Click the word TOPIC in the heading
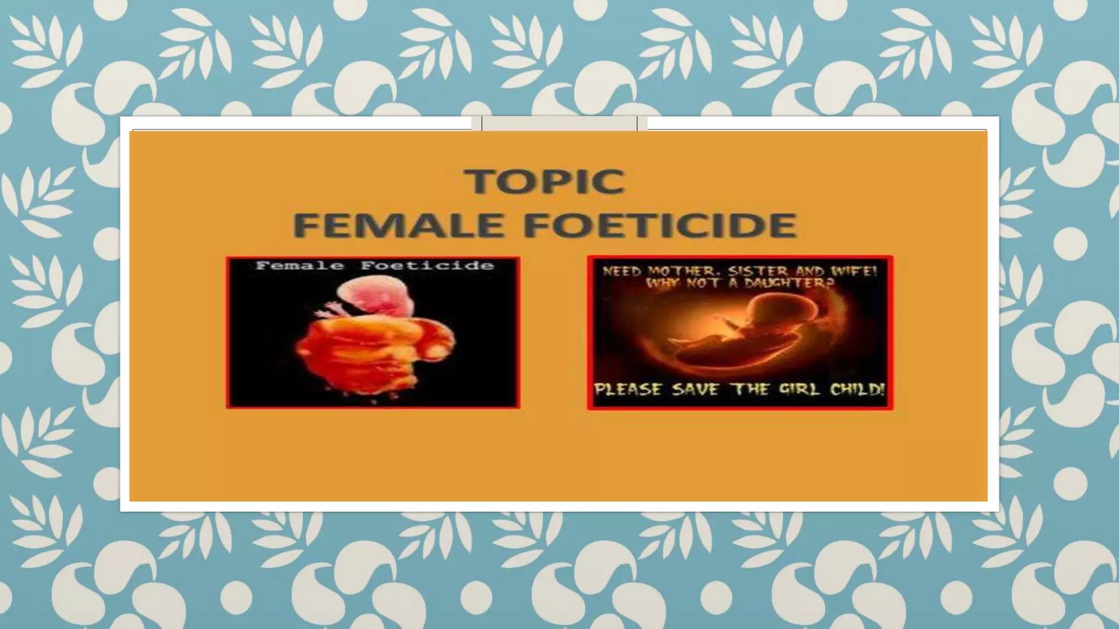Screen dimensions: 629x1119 545,181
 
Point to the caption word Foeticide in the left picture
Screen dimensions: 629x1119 427,266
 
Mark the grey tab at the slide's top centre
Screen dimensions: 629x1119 559,123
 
